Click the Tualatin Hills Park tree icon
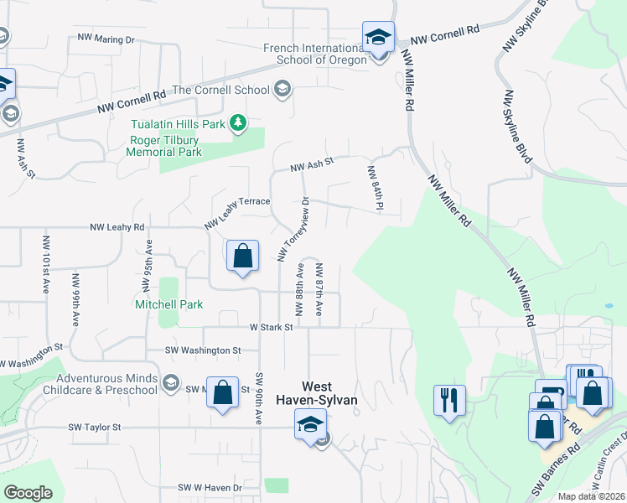(x=239, y=123)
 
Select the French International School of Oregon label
(x=315, y=54)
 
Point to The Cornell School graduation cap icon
(x=282, y=90)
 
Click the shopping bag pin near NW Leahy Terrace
(x=242, y=257)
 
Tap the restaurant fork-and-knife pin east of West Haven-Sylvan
(x=450, y=400)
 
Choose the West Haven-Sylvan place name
(x=329, y=394)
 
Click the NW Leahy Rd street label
(x=117, y=227)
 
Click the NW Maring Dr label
(x=106, y=39)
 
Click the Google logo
(x=28, y=493)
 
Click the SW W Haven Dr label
(x=210, y=487)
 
